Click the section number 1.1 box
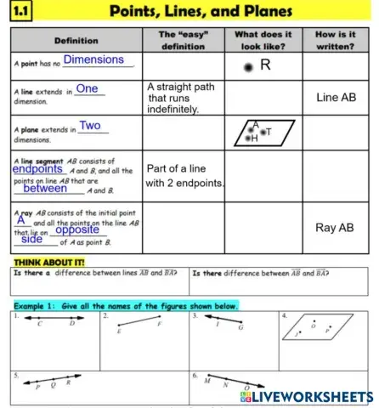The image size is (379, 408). (19, 11)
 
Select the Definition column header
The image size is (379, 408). (75, 41)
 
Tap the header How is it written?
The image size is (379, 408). (335, 41)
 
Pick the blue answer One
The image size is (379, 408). (87, 89)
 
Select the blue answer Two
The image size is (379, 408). (90, 126)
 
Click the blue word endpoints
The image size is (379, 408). (37, 169)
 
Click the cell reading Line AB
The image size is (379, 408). (336, 98)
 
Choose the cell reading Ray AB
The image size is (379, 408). (334, 228)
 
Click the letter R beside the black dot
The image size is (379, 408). (265, 65)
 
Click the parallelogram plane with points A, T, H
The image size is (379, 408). (263, 133)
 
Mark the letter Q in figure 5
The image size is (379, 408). (56, 384)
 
